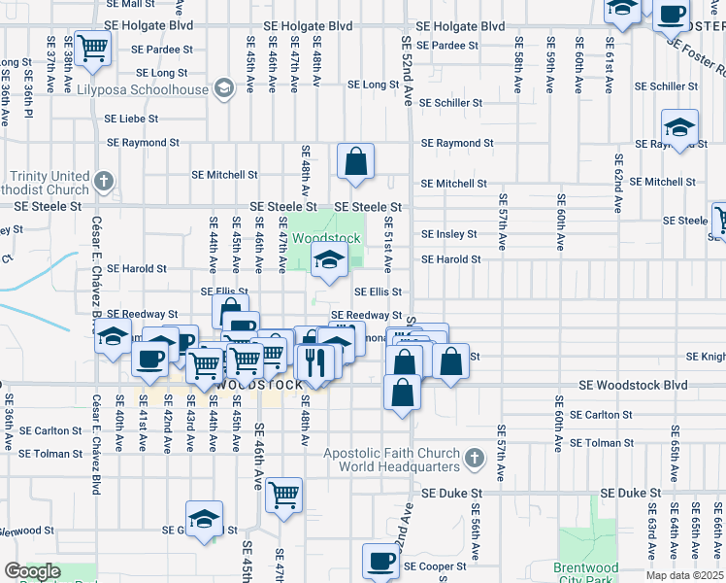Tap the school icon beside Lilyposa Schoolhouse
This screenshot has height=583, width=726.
click(224, 89)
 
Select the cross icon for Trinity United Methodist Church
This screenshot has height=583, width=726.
click(105, 181)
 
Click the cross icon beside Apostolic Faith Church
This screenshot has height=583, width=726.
click(474, 457)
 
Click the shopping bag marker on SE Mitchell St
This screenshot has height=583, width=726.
click(356, 161)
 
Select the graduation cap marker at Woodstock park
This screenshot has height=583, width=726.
click(330, 259)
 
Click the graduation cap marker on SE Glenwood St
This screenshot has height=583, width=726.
click(204, 519)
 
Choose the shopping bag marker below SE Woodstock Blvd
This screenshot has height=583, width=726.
click(401, 393)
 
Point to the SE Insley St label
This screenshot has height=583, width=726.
click(448, 234)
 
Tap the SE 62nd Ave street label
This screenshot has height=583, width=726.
click(617, 184)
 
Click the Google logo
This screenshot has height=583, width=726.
click(32, 571)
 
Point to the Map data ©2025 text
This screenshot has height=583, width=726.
click(685, 575)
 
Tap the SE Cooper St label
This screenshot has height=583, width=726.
click(436, 566)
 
